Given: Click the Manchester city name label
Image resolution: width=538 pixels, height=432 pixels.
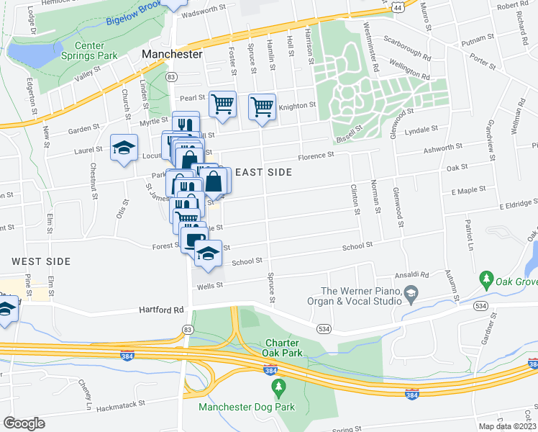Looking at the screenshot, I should tap(172, 54).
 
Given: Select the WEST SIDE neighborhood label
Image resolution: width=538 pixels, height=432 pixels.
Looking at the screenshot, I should tap(41, 261).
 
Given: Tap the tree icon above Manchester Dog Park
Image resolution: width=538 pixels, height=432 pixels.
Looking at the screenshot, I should tap(279, 389).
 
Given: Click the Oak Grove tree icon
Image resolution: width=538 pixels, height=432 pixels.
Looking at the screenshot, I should tap(486, 278).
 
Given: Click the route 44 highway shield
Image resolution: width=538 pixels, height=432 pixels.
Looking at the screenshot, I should tap(398, 6).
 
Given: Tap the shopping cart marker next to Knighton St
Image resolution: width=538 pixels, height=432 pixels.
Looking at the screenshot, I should tap(263, 107).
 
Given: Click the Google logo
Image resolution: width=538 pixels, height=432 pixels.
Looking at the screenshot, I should tap(24, 423).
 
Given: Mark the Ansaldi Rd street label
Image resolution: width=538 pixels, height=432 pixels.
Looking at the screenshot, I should tap(412, 275).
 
